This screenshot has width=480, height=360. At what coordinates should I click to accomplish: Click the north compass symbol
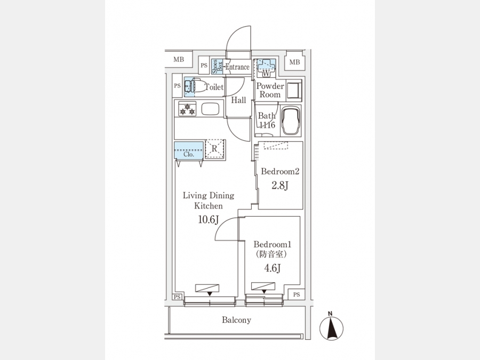click(x=331, y=326)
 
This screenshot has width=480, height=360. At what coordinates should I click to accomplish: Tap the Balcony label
click(x=236, y=320)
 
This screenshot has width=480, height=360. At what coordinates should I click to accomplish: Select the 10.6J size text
click(x=209, y=220)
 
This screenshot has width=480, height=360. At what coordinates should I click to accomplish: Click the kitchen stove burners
click(x=187, y=110)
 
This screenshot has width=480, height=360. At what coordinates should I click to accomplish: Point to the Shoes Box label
click(x=217, y=66)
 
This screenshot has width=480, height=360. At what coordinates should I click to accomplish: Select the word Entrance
click(x=237, y=67)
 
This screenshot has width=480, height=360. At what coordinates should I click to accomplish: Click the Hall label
click(x=238, y=100)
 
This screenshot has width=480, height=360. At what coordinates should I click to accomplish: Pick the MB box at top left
click(x=178, y=60)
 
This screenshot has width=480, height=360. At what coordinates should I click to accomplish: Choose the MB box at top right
click(x=294, y=62)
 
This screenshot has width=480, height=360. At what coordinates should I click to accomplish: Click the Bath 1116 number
click(x=267, y=125)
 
